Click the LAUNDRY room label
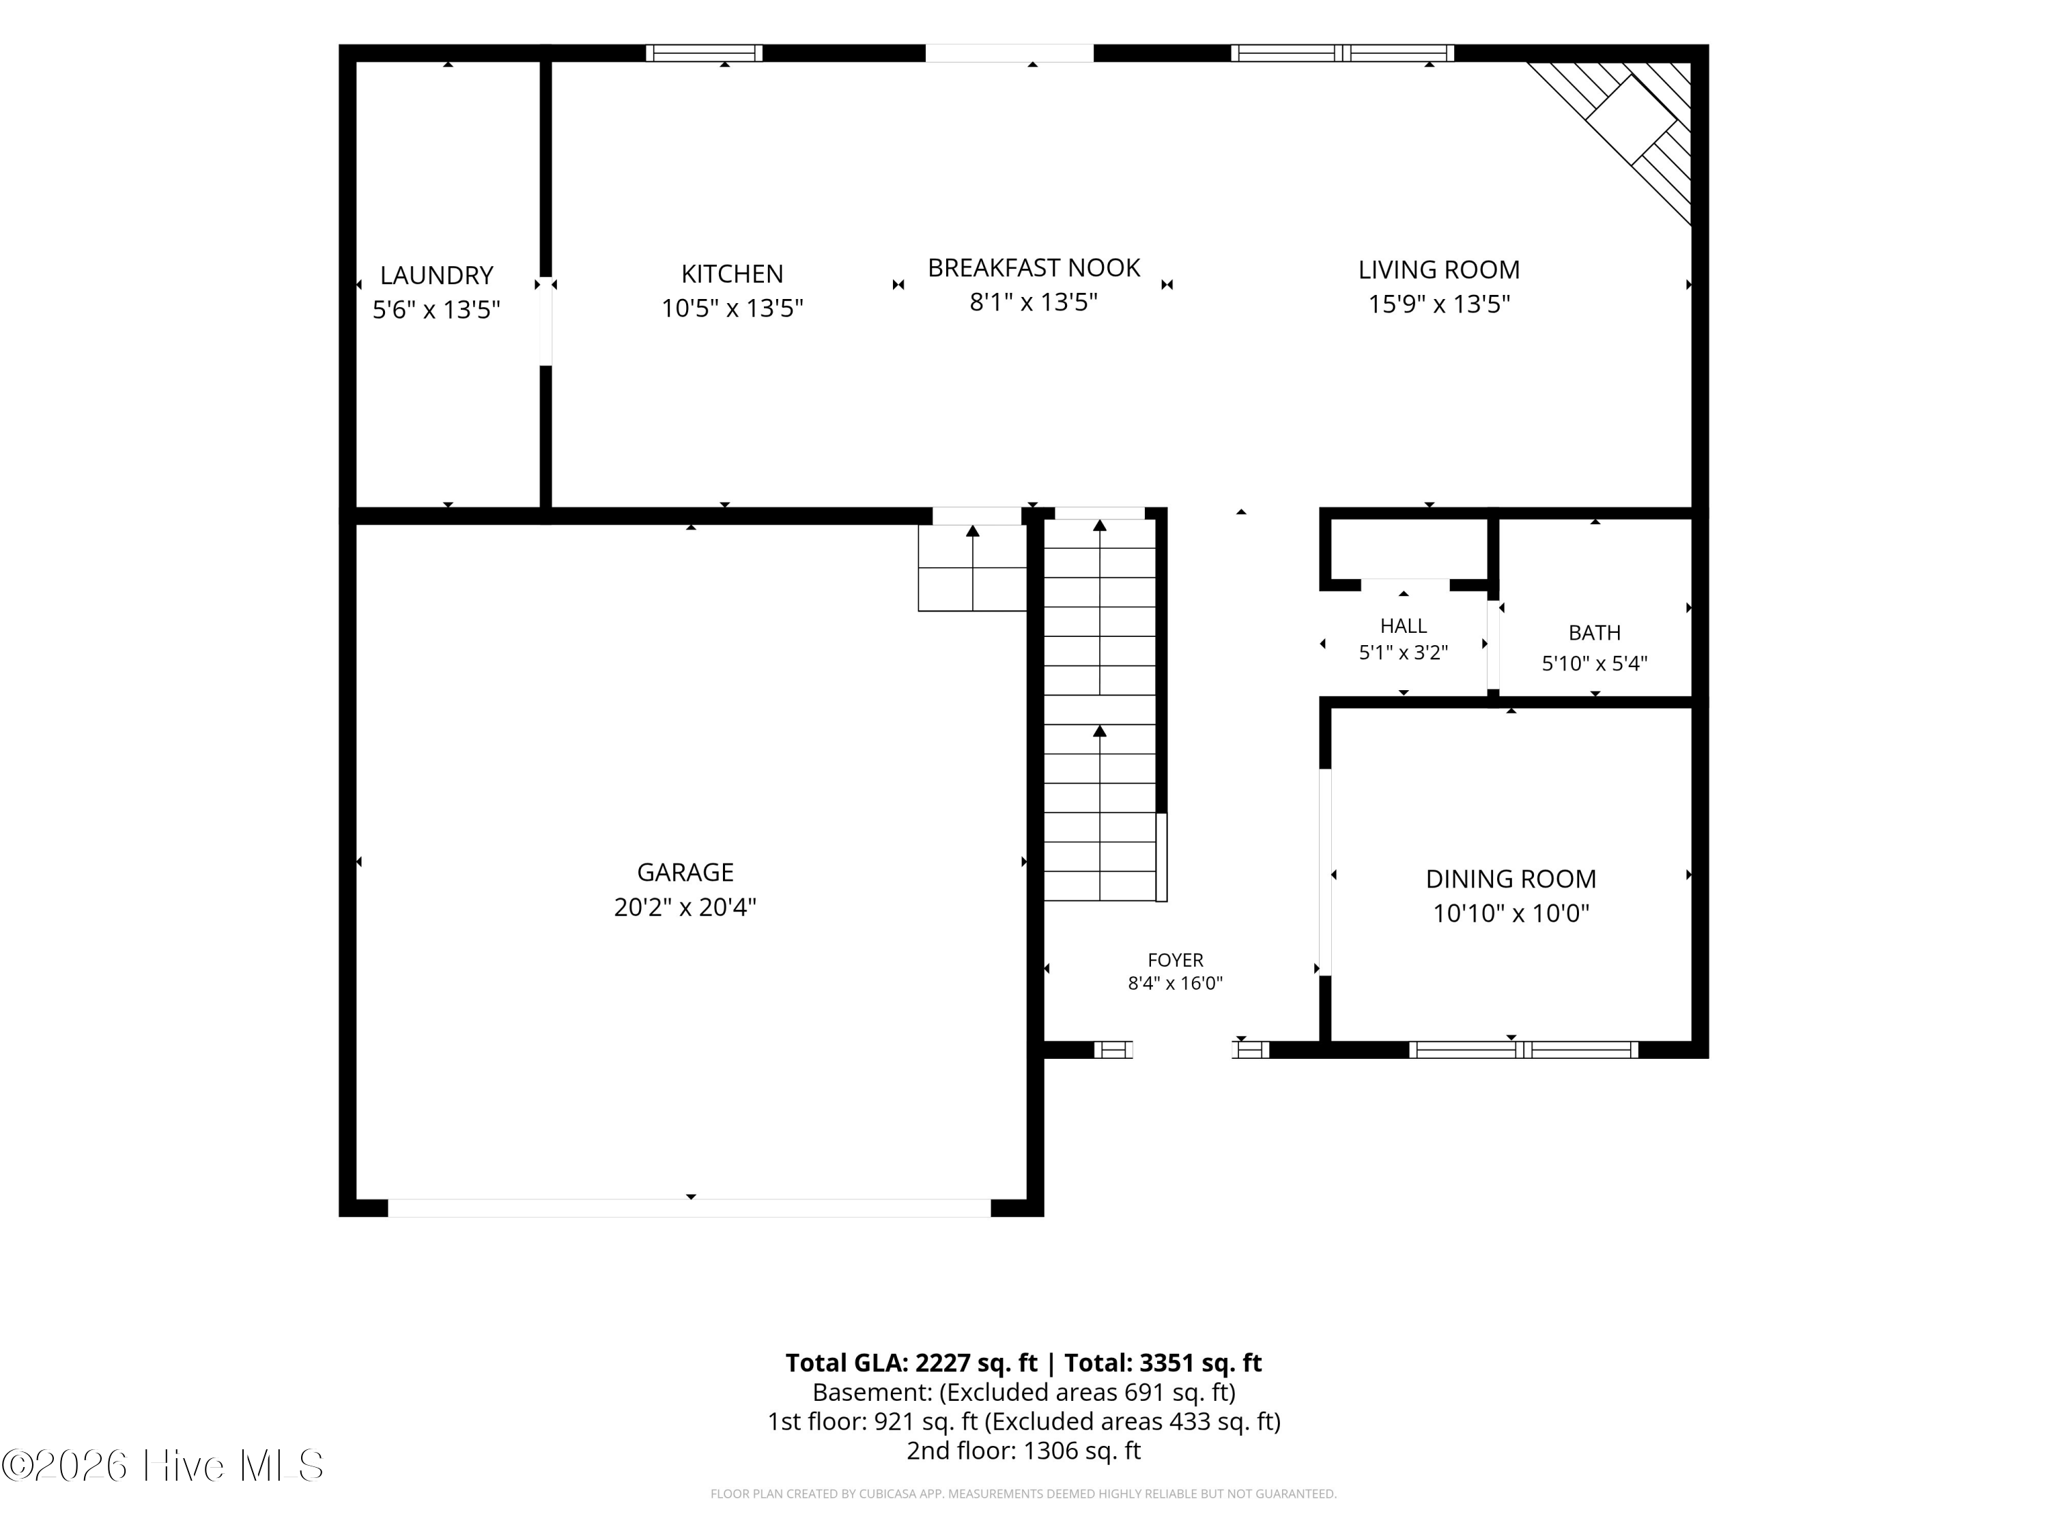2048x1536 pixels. pyautogui.click(x=436, y=275)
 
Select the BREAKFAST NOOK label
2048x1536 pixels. pyautogui.click(x=1034, y=268)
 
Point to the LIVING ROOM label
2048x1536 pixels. pyautogui.click(x=1439, y=270)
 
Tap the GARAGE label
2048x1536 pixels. pyautogui.click(x=685, y=872)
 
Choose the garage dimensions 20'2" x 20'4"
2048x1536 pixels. pyautogui.click(x=685, y=907)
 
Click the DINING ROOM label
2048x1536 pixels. pyautogui.click(x=1511, y=879)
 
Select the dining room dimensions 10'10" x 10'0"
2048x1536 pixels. pyautogui.click(x=1511, y=913)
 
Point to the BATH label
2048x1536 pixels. pyautogui.click(x=1594, y=632)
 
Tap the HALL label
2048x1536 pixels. pyautogui.click(x=1404, y=626)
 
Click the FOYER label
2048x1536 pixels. pyautogui.click(x=1175, y=960)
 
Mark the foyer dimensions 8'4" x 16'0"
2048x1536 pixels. pyautogui.click(x=1175, y=983)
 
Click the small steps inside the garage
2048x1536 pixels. pyautogui.click(x=972, y=567)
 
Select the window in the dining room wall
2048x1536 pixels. pyautogui.click(x=1523, y=1049)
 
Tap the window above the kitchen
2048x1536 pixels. pyautogui.click(x=704, y=53)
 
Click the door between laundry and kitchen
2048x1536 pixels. pyautogui.click(x=546, y=322)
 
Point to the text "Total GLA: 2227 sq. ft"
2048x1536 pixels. pyautogui.click(x=911, y=1363)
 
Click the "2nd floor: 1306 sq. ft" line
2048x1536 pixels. pyautogui.click(x=1023, y=1451)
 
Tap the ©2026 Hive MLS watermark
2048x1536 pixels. pyautogui.click(x=163, y=1466)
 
